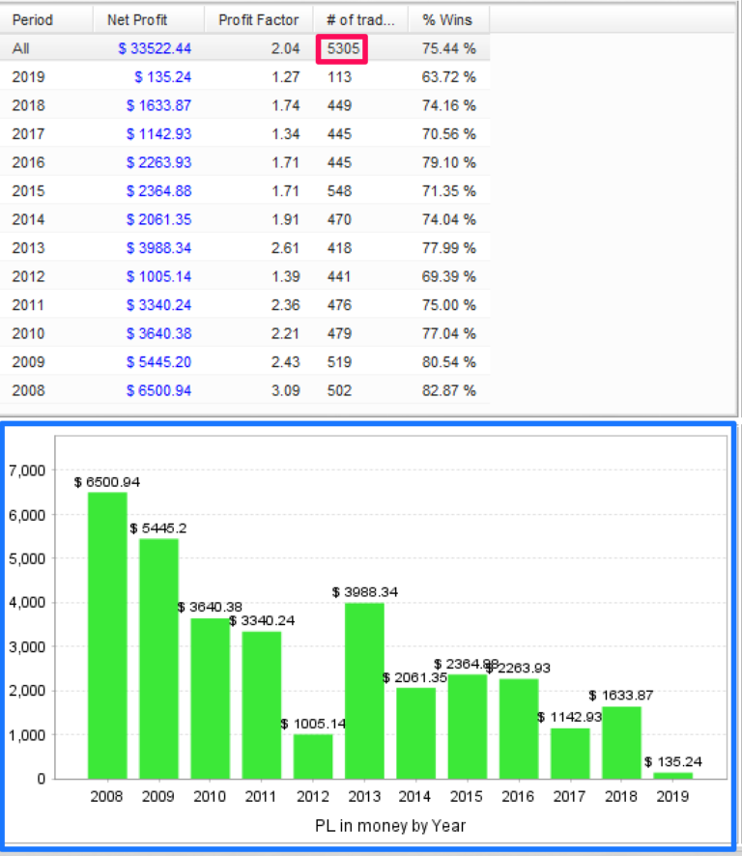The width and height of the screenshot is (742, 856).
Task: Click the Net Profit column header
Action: click(137, 19)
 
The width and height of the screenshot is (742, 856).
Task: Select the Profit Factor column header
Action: click(258, 19)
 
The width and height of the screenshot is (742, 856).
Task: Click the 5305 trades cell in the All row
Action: click(339, 47)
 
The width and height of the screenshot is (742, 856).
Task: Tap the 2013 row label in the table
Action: click(28, 247)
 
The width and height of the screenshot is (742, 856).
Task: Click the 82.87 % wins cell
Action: click(449, 390)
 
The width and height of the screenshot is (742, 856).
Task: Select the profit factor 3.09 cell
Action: click(286, 390)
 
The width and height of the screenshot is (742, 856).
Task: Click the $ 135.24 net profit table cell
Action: click(165, 76)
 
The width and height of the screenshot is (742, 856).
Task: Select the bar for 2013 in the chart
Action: click(364, 690)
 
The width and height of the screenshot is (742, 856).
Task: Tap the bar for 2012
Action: click(313, 756)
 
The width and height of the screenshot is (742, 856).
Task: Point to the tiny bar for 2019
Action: click(672, 775)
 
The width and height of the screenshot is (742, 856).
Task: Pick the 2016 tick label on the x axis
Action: click(519, 797)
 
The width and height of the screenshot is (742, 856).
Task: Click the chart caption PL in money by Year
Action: click(390, 826)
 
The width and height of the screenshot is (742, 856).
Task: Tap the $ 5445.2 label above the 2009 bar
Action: click(158, 528)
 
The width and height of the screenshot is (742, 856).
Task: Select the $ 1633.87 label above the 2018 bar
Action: click(621, 696)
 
